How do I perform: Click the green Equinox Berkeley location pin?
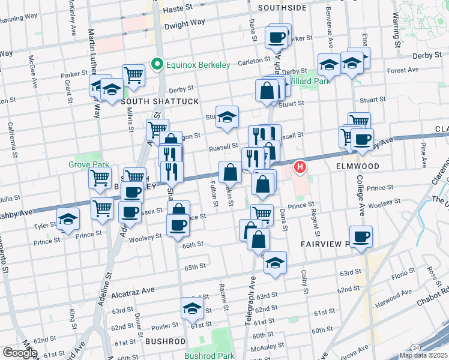coord(157,65)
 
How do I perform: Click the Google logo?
coord(20,353)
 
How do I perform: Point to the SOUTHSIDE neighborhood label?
coord(282,8)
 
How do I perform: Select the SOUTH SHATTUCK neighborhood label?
coord(160,102)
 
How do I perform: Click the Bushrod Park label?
coord(209,355)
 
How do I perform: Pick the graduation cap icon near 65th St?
coord(275,263)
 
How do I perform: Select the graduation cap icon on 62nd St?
coord(192,308)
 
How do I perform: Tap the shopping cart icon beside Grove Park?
coord(100,177)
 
